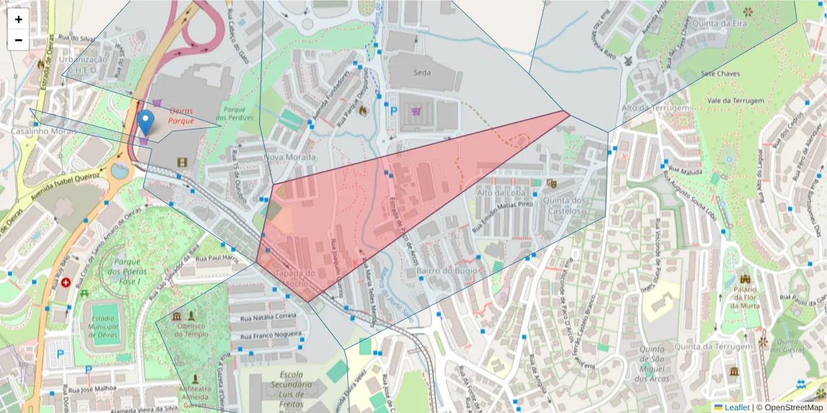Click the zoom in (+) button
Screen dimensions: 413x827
pyautogui.click(x=19, y=19)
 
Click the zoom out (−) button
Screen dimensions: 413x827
pyautogui.click(x=19, y=40)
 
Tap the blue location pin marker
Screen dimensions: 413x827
pyautogui.click(x=145, y=123)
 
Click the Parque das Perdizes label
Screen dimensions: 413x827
pyautogui.click(x=239, y=114)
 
